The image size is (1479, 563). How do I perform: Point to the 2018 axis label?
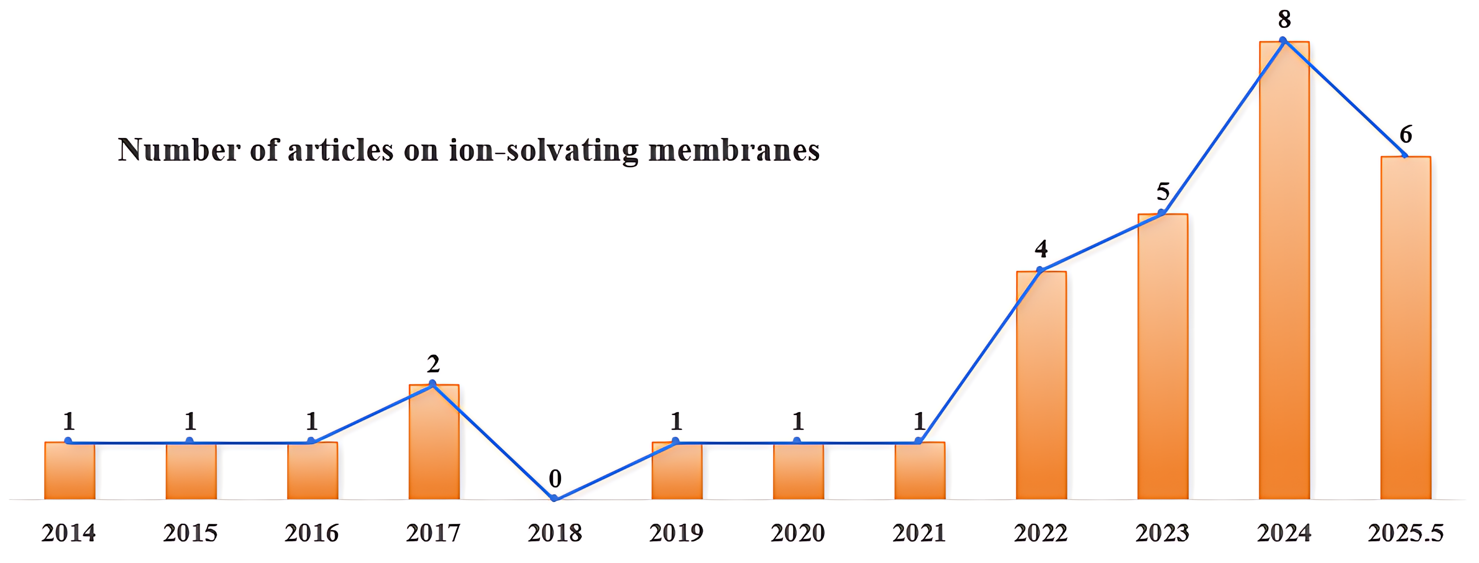click(555, 533)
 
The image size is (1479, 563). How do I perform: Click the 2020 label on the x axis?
click(797, 533)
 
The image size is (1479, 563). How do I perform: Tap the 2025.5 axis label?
click(1405, 533)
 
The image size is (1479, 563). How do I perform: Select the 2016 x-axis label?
click(312, 533)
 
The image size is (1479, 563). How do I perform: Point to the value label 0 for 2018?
click(555, 478)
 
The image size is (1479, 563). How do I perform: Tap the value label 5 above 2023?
click(1163, 192)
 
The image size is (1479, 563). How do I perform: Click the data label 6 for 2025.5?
click(1406, 134)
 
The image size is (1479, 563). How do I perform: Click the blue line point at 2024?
click(1283, 40)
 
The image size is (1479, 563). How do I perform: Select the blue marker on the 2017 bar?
click(433, 383)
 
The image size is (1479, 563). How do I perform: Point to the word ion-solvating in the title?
click(543, 150)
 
